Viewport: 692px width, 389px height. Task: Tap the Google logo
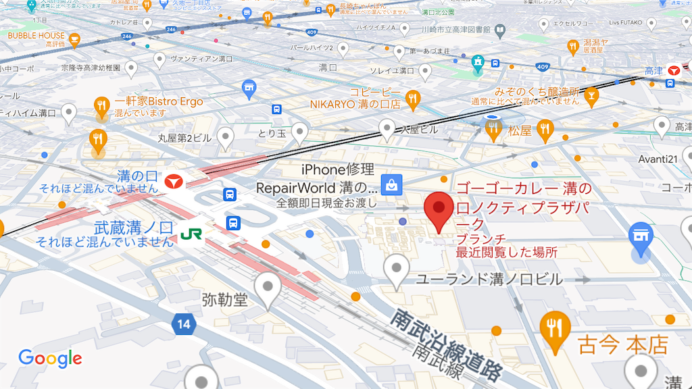coord(50,358)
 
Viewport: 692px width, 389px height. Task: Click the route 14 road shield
coord(184,325)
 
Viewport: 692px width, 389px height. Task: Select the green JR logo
coord(191,234)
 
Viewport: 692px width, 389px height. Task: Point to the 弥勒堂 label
coord(225,299)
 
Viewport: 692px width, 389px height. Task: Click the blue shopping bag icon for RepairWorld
coord(391,183)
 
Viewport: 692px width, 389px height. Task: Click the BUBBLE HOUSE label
coord(36,35)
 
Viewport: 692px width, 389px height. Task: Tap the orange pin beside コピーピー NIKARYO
coord(412,99)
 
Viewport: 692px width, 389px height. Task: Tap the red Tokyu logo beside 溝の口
coord(175,180)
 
